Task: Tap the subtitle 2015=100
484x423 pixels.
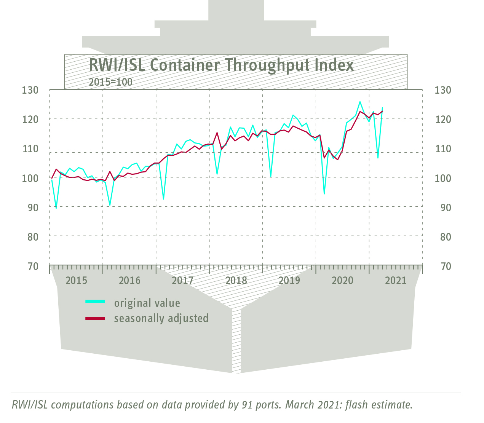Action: point(110,82)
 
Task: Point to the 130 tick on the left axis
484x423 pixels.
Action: point(30,90)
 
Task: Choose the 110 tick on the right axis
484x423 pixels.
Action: point(443,149)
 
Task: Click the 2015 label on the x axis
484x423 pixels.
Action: point(76,281)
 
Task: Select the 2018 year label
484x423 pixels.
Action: point(236,281)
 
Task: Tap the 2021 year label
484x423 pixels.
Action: point(396,281)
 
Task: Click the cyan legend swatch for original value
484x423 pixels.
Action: point(95,302)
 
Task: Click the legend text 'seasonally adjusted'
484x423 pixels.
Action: point(161,318)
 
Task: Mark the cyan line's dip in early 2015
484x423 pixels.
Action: point(56,208)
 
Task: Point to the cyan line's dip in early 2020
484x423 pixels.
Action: point(324,194)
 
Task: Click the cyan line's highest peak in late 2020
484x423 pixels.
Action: point(360,102)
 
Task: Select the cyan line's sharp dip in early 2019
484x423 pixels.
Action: point(271,177)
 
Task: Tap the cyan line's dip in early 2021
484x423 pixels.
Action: point(378,158)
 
